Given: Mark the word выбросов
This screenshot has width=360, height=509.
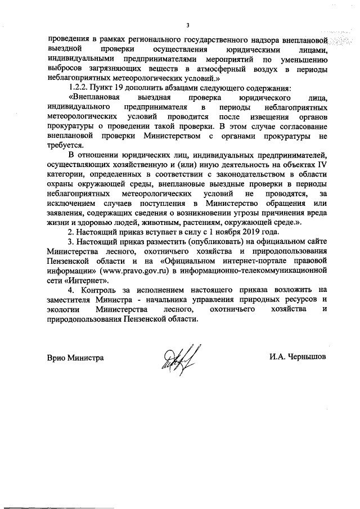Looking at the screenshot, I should pyautogui.click(x=66, y=68).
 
